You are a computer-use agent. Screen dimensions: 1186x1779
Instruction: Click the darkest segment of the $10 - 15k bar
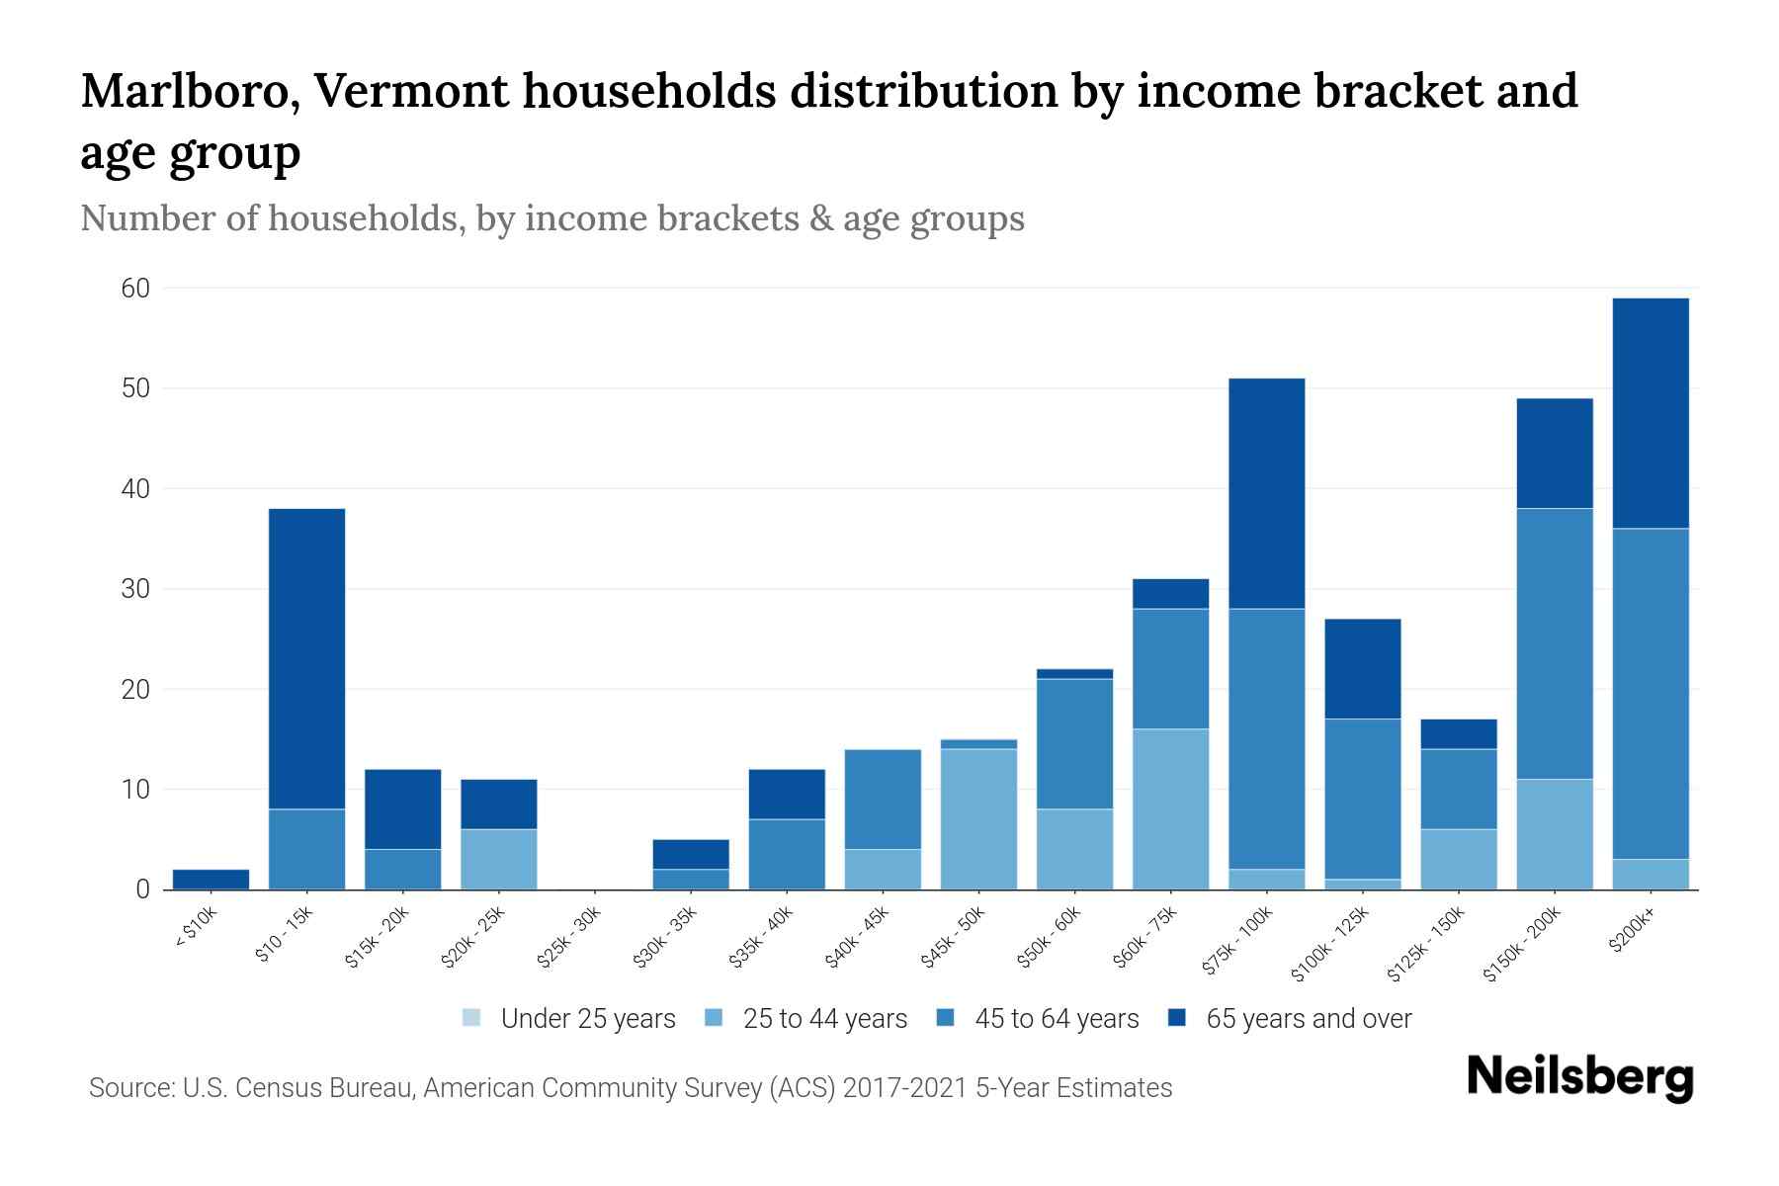click(x=306, y=658)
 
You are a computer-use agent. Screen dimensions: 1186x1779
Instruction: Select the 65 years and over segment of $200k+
click(x=1650, y=413)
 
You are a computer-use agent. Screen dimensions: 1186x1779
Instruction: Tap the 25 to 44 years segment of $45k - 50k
click(x=978, y=819)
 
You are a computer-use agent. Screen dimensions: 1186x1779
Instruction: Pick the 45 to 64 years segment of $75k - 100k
click(x=1266, y=738)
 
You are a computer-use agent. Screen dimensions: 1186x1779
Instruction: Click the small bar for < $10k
click(x=211, y=880)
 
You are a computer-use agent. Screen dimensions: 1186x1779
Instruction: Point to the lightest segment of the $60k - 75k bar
click(x=1170, y=808)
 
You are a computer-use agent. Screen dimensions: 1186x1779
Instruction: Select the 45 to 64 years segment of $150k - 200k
click(x=1554, y=643)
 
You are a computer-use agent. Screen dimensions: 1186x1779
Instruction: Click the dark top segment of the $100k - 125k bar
click(x=1362, y=668)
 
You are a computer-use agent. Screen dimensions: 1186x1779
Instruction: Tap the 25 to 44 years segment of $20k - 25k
click(x=498, y=859)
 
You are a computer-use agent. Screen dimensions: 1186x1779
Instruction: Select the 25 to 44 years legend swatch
click(x=714, y=1018)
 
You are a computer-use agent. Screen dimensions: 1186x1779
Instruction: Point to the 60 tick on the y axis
click(x=135, y=289)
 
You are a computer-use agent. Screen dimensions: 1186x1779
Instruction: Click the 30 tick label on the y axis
click(x=135, y=589)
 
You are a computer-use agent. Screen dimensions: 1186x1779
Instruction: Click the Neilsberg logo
click(x=1579, y=1078)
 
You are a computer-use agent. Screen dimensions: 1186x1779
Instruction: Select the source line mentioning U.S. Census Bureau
click(x=630, y=1088)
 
